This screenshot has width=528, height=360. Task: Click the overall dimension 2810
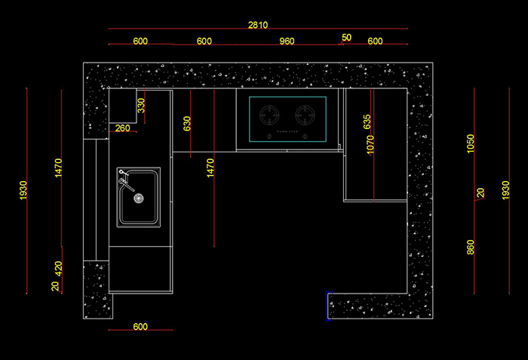click(x=258, y=25)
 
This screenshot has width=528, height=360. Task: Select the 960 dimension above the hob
click(x=287, y=42)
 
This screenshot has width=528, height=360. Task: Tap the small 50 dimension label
click(x=346, y=37)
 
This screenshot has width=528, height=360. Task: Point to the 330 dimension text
click(x=141, y=106)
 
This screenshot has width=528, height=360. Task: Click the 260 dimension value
click(x=123, y=128)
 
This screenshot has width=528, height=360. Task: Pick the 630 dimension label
click(x=187, y=124)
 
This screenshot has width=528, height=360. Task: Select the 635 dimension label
click(x=367, y=122)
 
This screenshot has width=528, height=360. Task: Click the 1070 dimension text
click(x=370, y=145)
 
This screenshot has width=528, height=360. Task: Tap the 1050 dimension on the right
click(x=471, y=143)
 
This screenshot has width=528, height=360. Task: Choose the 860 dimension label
click(x=471, y=247)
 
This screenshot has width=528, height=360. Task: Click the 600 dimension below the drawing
click(x=140, y=327)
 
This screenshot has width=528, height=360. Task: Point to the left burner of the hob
click(x=270, y=115)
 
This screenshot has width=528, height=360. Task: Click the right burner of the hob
click(x=305, y=115)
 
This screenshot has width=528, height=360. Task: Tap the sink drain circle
click(x=138, y=198)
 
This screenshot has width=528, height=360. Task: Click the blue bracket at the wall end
click(x=327, y=305)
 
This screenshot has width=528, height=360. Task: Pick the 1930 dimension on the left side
click(x=23, y=190)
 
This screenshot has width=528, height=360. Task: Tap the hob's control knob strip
click(x=287, y=136)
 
